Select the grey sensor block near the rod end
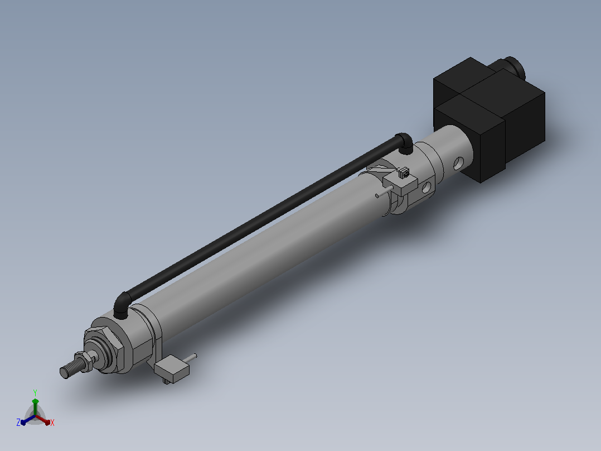[172, 369]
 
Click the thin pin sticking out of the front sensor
[190, 358]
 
